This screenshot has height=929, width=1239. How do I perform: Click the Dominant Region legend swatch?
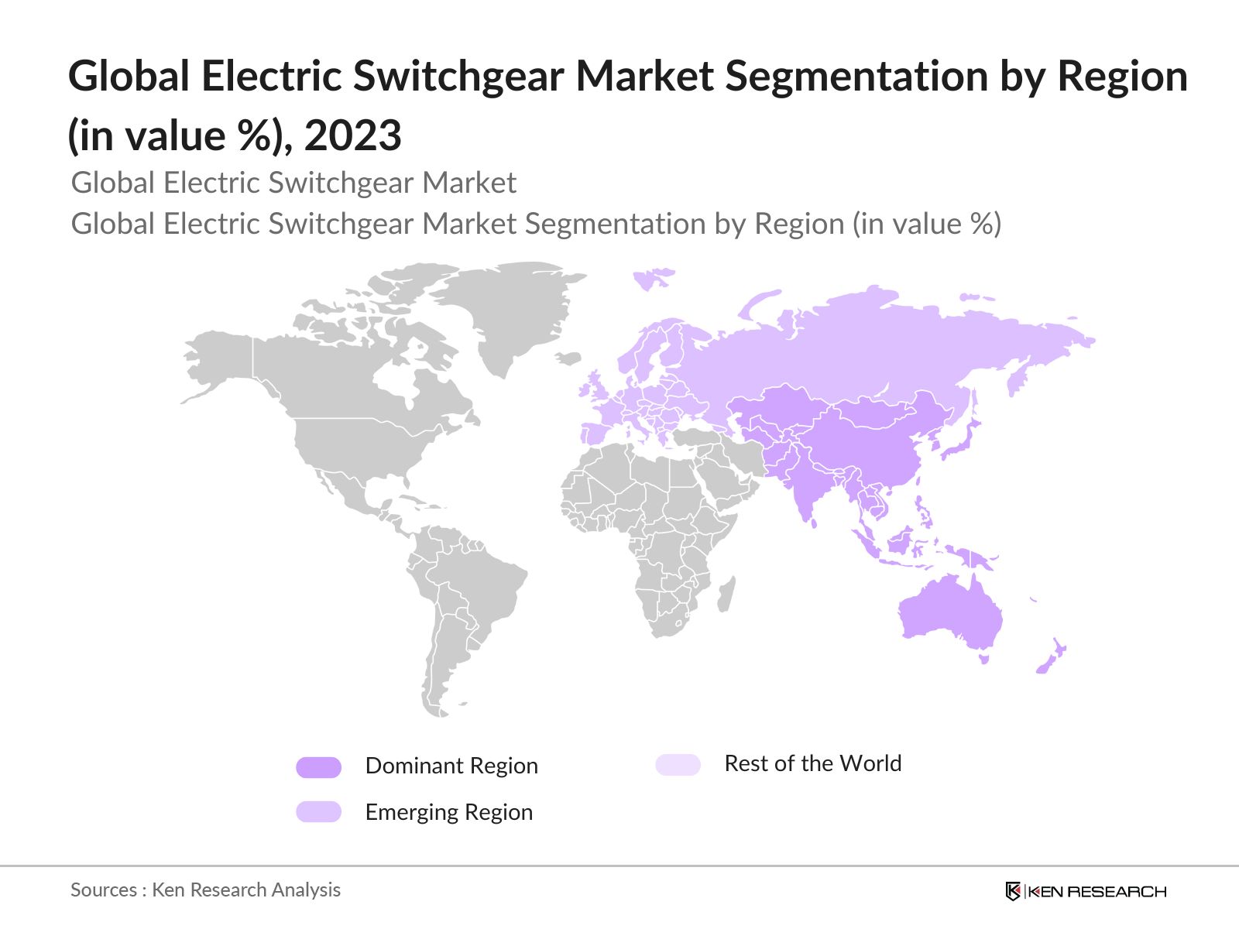coord(318,767)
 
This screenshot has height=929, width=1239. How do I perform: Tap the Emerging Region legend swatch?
coord(318,811)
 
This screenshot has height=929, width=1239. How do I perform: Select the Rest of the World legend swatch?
coord(678,765)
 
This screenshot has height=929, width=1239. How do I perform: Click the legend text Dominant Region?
coord(451,766)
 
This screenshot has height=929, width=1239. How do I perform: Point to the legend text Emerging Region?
coord(448,812)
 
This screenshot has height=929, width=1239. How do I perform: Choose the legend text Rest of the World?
coord(812,763)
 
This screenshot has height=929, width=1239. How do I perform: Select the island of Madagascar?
coord(726,594)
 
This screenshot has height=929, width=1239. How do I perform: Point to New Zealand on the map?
coord(1052,656)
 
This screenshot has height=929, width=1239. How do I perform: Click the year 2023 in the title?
coord(352,135)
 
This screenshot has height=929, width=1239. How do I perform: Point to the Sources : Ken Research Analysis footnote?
coord(205,890)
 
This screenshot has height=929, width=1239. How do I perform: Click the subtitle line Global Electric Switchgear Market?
coord(293,183)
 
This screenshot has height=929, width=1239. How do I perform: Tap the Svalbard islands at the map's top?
coord(652,276)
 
